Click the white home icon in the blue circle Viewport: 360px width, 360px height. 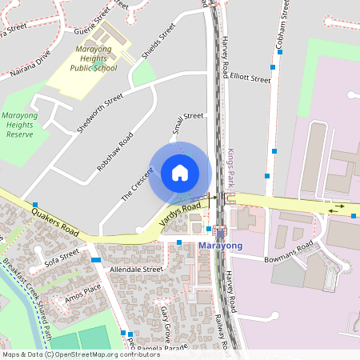tap(180, 172)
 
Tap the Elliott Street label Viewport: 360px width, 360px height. tap(250, 79)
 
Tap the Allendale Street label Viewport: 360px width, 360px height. tap(136, 270)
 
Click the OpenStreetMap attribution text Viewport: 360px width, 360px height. tap(80, 354)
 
